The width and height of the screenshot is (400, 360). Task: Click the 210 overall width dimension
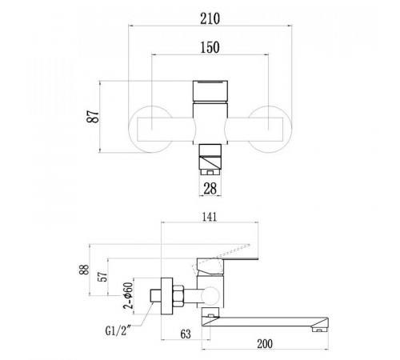click(210, 18)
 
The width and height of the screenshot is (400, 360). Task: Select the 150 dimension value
click(210, 47)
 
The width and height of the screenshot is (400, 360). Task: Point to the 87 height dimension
click(93, 116)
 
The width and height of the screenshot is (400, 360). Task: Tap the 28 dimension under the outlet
click(210, 189)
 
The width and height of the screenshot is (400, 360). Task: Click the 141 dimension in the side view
click(210, 217)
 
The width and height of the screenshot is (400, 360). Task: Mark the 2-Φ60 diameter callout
click(128, 295)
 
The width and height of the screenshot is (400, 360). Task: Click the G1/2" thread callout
click(118, 331)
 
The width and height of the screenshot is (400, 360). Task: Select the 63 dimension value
click(186, 334)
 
